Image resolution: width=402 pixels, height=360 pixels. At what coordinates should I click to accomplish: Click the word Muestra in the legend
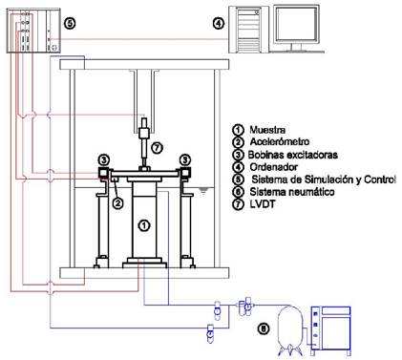pos(267,130)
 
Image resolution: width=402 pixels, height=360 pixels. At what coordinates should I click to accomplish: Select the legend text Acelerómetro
pos(280,141)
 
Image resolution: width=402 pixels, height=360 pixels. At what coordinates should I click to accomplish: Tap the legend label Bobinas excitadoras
pos(293,155)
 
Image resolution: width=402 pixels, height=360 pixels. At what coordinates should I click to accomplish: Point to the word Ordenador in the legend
pos(274,167)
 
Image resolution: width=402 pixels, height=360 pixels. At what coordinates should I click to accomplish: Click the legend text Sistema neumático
pos(292,192)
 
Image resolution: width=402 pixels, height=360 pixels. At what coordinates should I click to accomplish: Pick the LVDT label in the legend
pos(263,203)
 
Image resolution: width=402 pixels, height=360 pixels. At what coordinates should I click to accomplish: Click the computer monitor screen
pos(296,24)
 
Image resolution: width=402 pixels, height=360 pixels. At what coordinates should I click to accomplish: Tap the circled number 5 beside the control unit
pos(70,23)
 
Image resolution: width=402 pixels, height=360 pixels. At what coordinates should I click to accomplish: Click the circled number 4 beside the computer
pos(219,23)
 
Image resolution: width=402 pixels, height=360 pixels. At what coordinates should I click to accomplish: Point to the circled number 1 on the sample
pos(144,225)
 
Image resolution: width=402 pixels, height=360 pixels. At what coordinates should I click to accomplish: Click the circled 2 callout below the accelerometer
pos(117,203)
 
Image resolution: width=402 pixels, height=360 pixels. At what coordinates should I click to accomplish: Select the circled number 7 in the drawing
pos(157,148)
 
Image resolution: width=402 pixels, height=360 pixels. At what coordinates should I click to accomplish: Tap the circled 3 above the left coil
pos(104,159)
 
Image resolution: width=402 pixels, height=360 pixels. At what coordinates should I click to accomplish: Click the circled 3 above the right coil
pos(185,159)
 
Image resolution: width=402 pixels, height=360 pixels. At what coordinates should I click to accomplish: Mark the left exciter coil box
pos(103,173)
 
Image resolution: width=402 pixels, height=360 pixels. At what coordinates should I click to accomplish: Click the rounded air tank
pos(290,328)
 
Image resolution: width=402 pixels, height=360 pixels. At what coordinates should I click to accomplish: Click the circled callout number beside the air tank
pos(264,329)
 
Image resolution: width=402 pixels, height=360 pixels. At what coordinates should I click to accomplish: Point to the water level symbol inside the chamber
pos(202,190)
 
